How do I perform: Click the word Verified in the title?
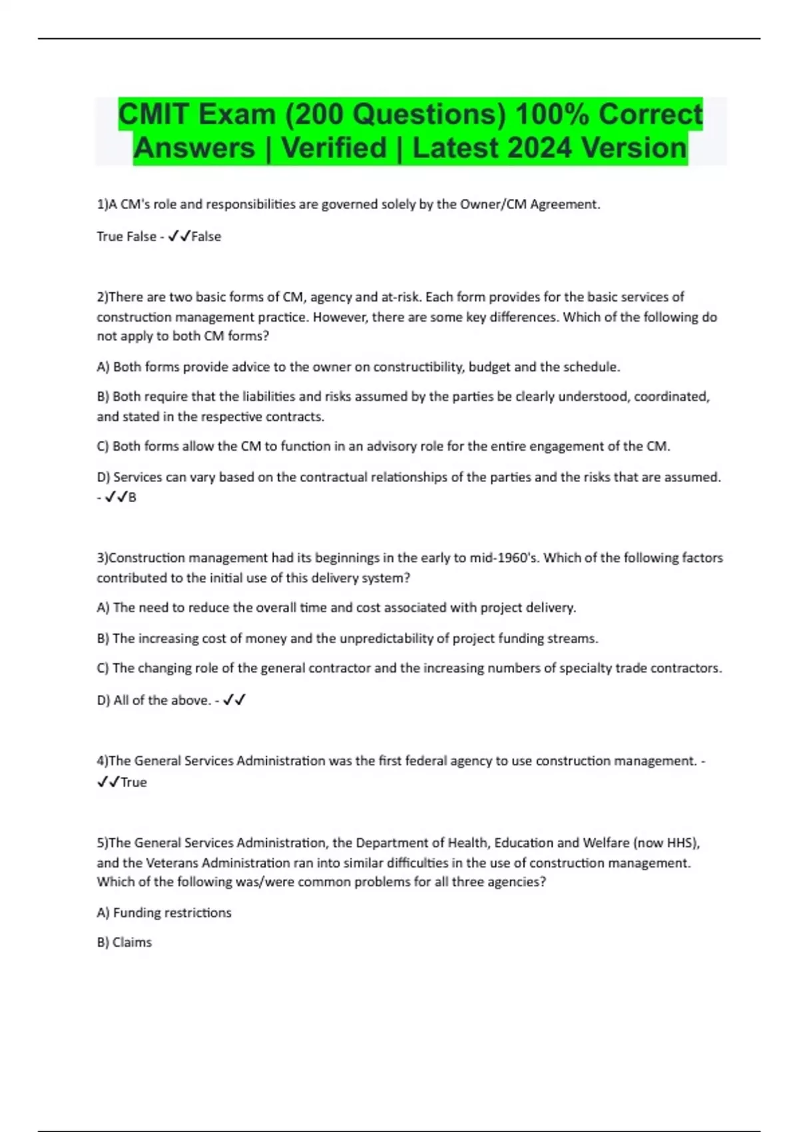[334, 148]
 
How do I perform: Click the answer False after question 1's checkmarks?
[206, 236]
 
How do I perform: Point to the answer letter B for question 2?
[132, 497]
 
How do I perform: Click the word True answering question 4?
[133, 782]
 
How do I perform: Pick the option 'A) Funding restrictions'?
[164, 913]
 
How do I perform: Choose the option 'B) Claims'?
[124, 942]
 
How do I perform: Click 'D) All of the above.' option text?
[153, 701]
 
